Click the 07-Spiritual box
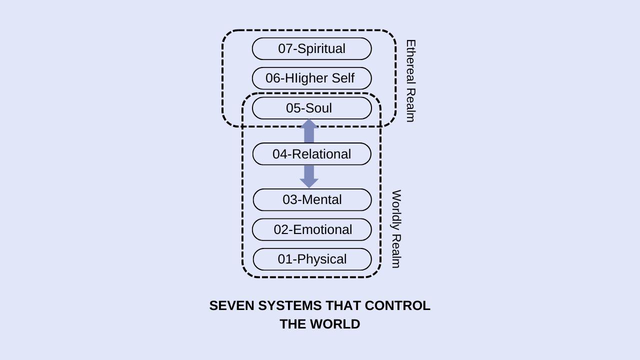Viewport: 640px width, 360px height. coord(311,49)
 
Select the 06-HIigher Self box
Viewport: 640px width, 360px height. coord(311,78)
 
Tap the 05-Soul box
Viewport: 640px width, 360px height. coord(311,108)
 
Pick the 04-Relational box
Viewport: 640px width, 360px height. coord(311,154)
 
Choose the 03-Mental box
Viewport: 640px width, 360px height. coord(311,200)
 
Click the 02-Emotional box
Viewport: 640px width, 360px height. coord(311,229)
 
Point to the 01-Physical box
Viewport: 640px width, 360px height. coord(311,259)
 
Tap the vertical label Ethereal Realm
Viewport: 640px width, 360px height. coord(410,80)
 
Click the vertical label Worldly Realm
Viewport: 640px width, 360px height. coord(396,228)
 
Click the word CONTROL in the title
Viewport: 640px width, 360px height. coord(397,306)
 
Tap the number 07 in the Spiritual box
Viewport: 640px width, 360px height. coord(285,49)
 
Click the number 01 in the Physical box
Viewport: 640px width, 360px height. coord(284,259)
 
